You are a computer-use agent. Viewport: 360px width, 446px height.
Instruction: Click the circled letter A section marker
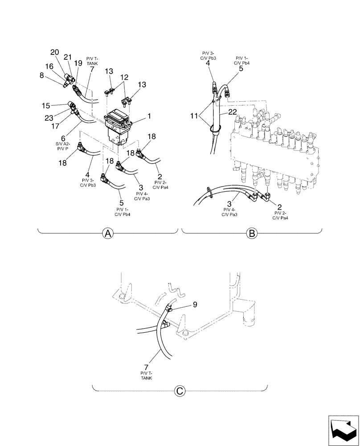click(x=107, y=233)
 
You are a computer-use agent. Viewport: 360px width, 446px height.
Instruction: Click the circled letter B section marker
click(x=252, y=233)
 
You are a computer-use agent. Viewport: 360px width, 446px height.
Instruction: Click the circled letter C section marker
click(x=180, y=391)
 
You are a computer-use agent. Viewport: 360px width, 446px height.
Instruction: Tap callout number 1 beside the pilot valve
click(x=149, y=116)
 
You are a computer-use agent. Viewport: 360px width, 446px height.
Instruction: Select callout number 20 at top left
click(x=54, y=52)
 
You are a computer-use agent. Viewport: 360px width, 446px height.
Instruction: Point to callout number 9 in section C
click(x=195, y=306)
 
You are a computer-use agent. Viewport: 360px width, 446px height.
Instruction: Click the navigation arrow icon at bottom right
click(x=343, y=429)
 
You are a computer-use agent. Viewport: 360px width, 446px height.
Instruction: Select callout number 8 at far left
click(x=42, y=75)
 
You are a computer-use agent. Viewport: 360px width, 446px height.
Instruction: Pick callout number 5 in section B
click(x=241, y=69)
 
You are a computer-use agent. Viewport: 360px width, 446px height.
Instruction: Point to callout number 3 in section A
click(x=141, y=187)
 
